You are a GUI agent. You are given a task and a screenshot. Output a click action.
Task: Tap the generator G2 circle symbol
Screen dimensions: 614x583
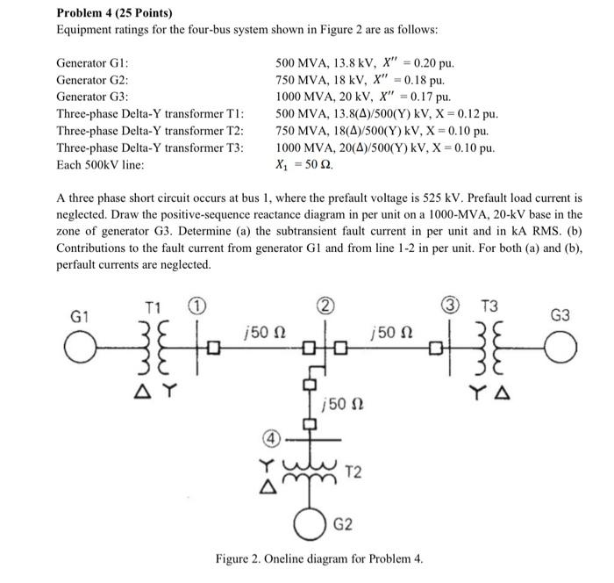coord(311,525)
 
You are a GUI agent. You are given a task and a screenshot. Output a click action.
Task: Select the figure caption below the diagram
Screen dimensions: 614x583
coord(319,558)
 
